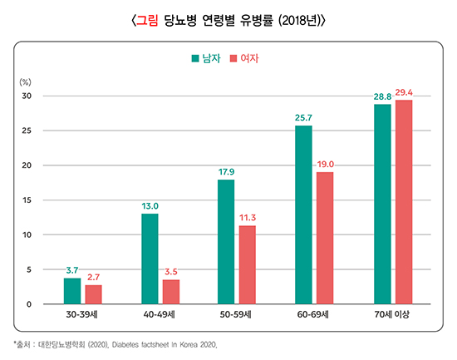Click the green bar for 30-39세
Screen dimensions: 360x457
click(x=72, y=291)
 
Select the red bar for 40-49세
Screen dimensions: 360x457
click(x=171, y=292)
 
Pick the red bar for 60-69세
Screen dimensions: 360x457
click(x=325, y=238)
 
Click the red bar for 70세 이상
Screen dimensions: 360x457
click(x=404, y=202)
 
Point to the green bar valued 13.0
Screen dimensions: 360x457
click(x=150, y=259)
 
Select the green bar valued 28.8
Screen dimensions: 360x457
click(x=382, y=205)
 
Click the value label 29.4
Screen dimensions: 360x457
click(x=405, y=91)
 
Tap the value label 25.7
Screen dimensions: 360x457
click(x=303, y=118)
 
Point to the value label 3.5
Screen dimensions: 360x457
click(x=172, y=272)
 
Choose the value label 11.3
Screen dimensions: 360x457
click(x=248, y=218)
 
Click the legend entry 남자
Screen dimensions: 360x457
click(x=207, y=59)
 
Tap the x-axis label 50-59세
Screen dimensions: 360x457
click(x=237, y=315)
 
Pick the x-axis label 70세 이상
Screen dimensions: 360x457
click(x=393, y=315)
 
